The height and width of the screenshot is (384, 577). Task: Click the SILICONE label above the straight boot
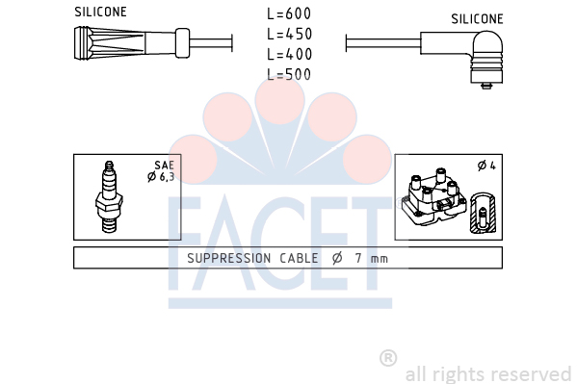click(100, 12)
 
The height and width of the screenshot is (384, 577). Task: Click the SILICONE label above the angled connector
click(477, 19)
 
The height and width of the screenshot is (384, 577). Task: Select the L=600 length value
click(289, 14)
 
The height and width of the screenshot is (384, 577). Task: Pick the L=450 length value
click(289, 35)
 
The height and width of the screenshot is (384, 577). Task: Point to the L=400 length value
click(289, 55)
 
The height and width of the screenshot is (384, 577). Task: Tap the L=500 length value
click(289, 75)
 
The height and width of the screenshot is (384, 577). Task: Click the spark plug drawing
click(109, 196)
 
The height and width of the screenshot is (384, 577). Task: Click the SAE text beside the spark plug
click(164, 166)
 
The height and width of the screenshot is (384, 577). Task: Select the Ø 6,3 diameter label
click(161, 177)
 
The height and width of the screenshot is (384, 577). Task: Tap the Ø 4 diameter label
click(486, 166)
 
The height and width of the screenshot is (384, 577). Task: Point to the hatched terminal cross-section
click(483, 213)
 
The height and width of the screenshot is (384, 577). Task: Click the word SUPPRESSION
click(229, 258)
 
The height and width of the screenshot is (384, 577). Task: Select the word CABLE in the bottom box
click(299, 258)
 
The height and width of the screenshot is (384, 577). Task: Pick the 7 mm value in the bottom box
click(371, 258)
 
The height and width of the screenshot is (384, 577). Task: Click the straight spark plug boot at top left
click(132, 43)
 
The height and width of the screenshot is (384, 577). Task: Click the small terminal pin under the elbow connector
click(486, 86)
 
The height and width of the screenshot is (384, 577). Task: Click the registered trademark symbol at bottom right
click(388, 358)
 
